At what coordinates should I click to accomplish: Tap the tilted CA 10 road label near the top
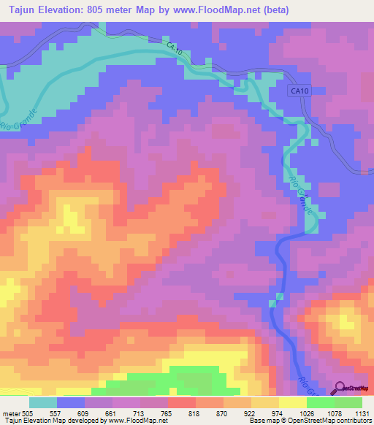(173, 50)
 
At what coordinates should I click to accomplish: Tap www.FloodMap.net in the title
(223, 10)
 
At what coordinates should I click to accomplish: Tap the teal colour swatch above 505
(42, 402)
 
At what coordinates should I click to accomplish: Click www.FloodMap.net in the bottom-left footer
(132, 421)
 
